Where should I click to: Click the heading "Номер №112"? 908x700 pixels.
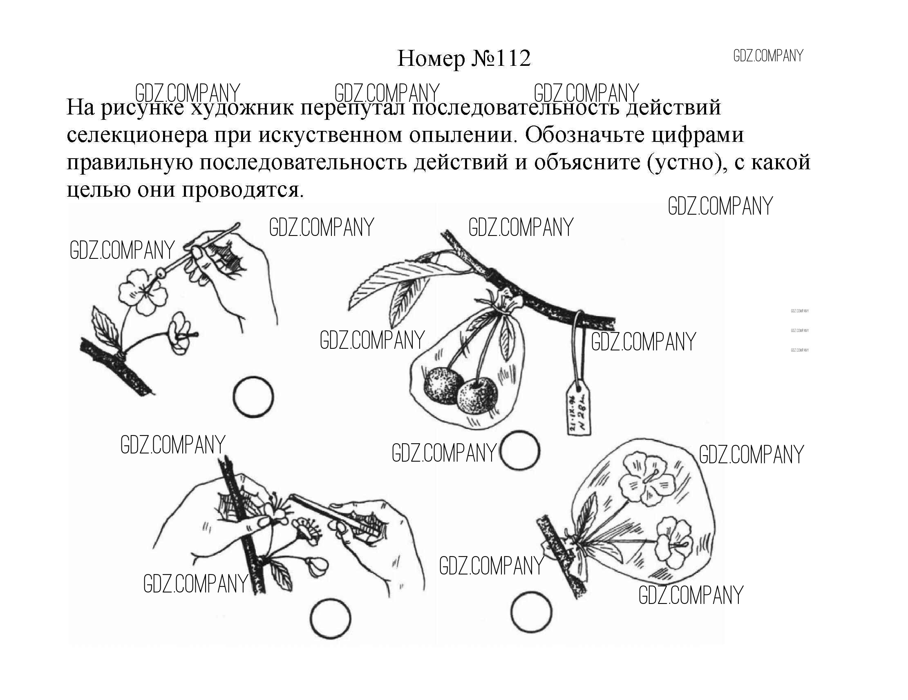tap(464, 59)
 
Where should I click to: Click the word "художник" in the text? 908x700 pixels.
tap(242, 108)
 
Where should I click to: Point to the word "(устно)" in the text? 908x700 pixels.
tap(686, 163)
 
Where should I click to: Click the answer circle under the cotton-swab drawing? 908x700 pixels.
tap(253, 396)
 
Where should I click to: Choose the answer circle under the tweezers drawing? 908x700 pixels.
tap(331, 618)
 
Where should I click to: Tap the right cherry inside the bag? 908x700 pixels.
tap(477, 393)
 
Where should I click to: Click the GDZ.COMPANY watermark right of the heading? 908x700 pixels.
tap(768, 56)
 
